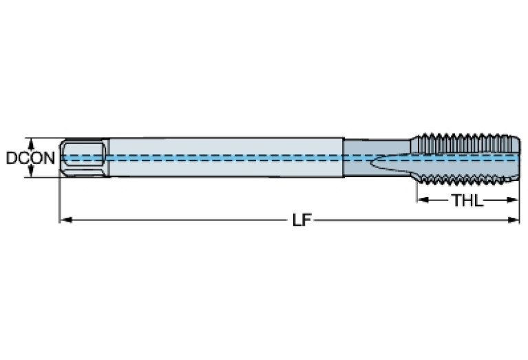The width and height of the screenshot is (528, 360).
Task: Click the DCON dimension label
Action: (30, 158)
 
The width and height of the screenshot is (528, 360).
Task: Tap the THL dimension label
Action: (467, 201)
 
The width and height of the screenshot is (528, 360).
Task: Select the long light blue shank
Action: (224, 158)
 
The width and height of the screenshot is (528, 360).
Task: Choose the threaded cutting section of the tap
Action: (465, 158)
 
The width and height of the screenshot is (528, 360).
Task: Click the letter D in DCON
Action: (11, 158)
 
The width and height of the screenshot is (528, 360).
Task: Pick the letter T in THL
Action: (456, 201)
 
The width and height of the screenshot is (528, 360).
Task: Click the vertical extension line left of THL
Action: (416, 193)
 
